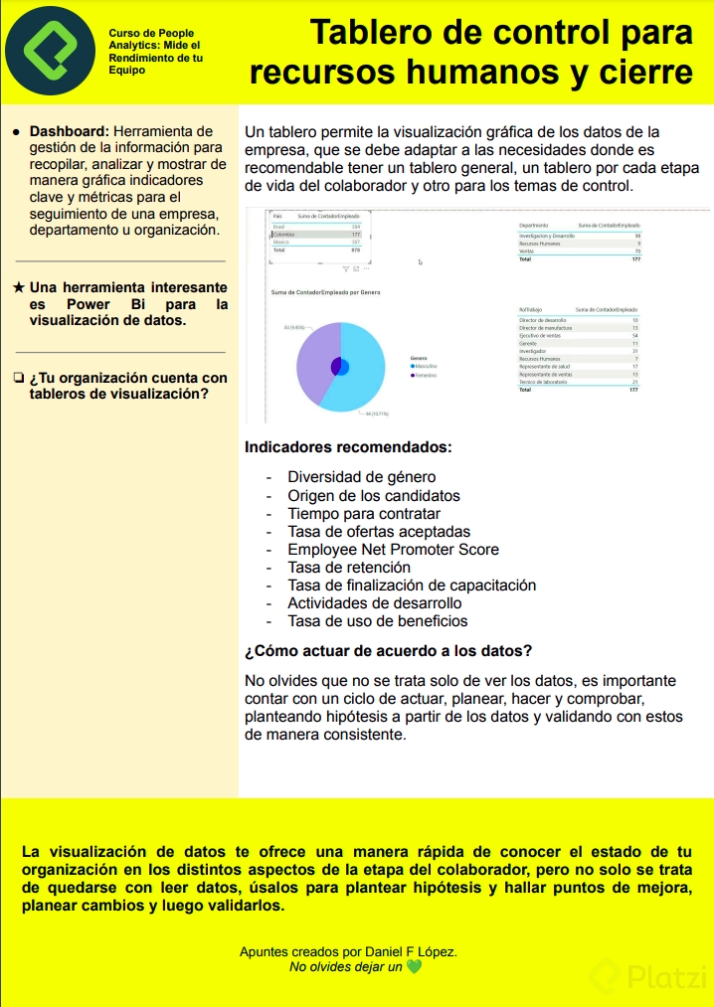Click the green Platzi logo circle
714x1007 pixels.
click(50, 51)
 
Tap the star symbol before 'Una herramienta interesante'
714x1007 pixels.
click(19, 287)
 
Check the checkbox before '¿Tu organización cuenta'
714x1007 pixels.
click(19, 378)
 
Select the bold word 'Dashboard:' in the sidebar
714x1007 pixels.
click(69, 131)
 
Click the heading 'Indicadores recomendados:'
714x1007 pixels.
click(348, 447)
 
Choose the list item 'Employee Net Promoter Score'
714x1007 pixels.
click(393, 550)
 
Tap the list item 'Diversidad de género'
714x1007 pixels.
click(361, 477)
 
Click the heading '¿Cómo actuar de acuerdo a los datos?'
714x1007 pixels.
click(388, 652)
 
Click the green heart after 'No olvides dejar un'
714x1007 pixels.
click(414, 966)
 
